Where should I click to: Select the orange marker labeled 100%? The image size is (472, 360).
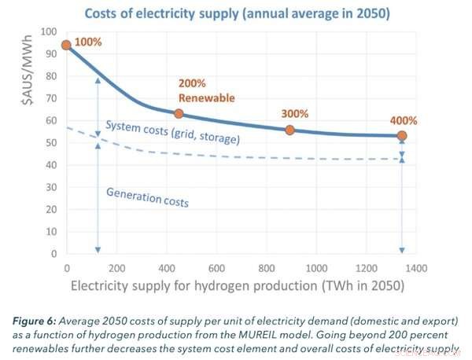point(66,46)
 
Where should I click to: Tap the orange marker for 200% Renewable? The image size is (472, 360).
point(179,114)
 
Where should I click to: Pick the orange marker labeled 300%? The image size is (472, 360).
point(290,130)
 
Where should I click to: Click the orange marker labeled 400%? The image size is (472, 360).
point(402,136)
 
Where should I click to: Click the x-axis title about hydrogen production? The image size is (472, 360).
point(235,286)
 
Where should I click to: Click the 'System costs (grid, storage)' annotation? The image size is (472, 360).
point(171,134)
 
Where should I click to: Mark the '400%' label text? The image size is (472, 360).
point(402,120)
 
